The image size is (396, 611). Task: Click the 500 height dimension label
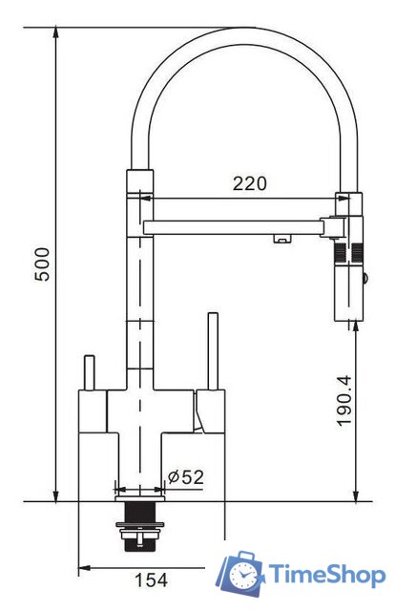(x=42, y=264)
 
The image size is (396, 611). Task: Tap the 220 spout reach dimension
(x=250, y=183)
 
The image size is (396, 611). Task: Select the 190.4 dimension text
(x=344, y=401)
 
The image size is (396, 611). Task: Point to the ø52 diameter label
(x=186, y=476)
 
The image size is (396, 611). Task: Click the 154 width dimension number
(x=152, y=579)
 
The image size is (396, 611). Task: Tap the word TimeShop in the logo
(x=327, y=575)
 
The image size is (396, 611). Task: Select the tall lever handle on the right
(x=214, y=350)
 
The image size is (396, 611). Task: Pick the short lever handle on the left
(x=90, y=372)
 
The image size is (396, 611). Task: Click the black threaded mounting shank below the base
(x=139, y=526)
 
